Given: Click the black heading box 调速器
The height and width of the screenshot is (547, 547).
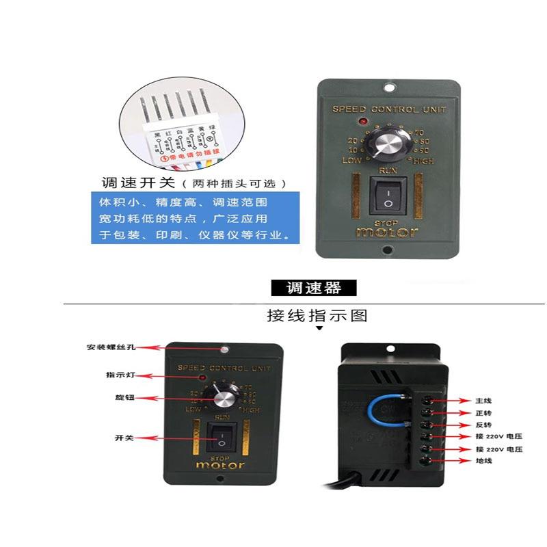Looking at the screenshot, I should click(315, 288).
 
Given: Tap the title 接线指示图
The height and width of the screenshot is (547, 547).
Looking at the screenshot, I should click(317, 316).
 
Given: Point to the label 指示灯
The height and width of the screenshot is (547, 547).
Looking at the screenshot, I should click(117, 375).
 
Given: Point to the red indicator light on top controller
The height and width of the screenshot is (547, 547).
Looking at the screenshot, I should click(361, 122).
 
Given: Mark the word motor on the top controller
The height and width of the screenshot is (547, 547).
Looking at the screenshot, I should click(386, 232).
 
